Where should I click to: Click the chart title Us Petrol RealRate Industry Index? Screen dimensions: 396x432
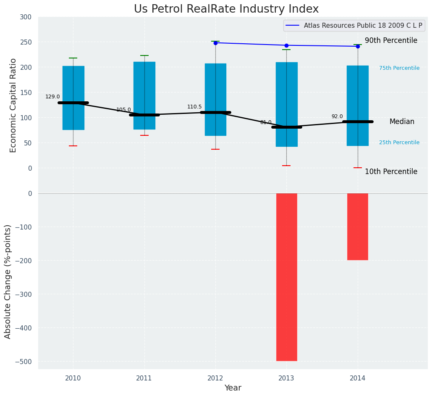coord(226,9)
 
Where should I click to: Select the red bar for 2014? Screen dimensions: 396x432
coord(358,227)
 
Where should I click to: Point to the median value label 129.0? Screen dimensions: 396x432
coord(52,97)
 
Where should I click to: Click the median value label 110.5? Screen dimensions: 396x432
coord(194,107)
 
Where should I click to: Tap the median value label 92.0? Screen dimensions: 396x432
coord(337,116)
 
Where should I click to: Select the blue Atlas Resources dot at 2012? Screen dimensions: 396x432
coord(215,43)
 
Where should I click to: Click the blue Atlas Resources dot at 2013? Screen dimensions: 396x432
coord(287,45)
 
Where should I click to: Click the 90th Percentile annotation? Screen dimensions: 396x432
coord(391,41)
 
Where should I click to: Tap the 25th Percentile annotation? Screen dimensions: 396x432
coord(399,143)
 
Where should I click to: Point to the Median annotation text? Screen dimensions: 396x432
coord(402,122)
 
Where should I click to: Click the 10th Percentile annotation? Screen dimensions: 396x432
coord(391,172)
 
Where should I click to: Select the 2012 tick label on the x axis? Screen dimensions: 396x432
coord(215,378)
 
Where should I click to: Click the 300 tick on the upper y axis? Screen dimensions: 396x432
coord(26,17)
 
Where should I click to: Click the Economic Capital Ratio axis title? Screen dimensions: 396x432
coord(13,105)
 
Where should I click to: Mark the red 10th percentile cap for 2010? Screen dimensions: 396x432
coord(73,146)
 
